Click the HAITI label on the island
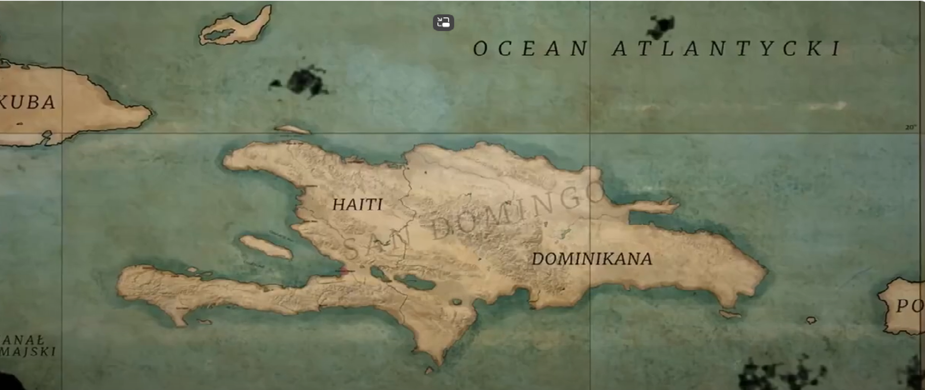pos(357,205)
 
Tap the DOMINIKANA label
pos(592,259)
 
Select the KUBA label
pos(28,103)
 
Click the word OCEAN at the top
pos(530,49)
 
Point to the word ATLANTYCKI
pos(727,49)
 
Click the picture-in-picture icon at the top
pos(443,23)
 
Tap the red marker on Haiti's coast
pos(344,271)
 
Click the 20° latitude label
pos(910,128)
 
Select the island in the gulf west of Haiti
pos(266,247)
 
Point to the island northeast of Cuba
pos(236,26)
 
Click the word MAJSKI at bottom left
pos(28,351)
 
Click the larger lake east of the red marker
pos(414,282)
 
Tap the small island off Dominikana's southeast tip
pos(730,314)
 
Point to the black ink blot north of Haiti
pos(304,82)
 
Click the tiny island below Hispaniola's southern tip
pos(429,370)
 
